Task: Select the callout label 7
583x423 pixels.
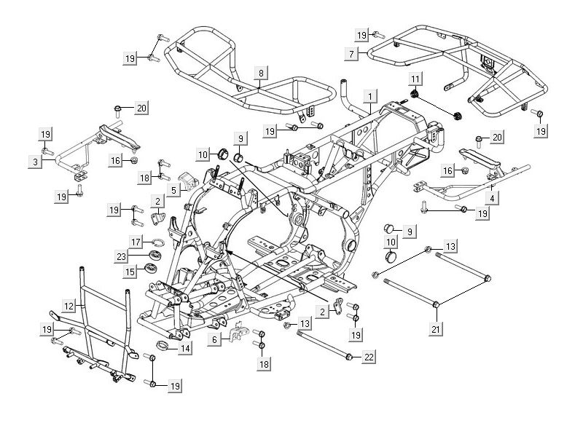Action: [x=351, y=55]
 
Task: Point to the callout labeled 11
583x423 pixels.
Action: [x=415, y=79]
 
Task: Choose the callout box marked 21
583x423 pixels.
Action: [x=436, y=330]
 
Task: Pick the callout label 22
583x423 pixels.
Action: [x=369, y=356]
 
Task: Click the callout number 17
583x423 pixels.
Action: [x=136, y=241]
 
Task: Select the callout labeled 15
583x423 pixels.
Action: [x=130, y=272]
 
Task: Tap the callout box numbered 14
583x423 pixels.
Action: [x=185, y=349]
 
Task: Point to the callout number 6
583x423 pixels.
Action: [x=214, y=340]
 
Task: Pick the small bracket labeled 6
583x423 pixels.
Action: [x=237, y=333]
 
